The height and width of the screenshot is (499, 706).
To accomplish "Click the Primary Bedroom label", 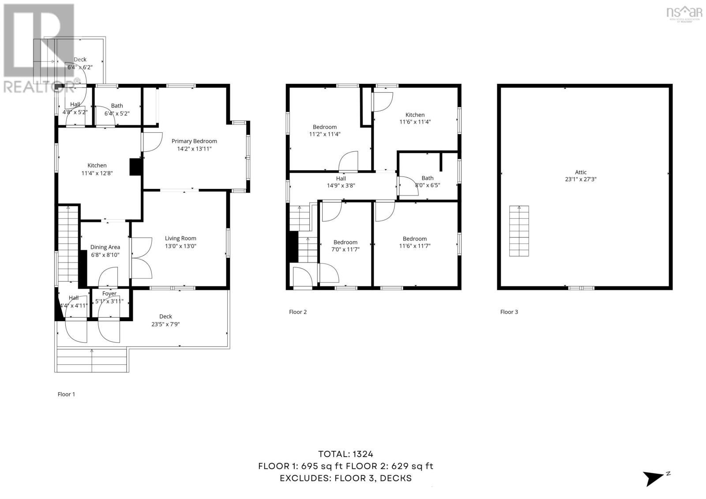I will point(194,141).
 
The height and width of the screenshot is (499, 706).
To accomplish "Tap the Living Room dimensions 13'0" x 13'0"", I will point(180,246).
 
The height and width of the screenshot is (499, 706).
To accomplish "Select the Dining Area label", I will point(105,247).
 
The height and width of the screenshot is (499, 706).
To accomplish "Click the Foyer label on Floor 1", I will point(109,293).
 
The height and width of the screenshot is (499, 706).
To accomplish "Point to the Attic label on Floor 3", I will point(581,173).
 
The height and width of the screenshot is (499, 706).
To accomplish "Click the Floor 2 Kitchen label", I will point(415,115).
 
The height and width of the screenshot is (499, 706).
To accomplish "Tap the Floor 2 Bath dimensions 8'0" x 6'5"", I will point(427,185).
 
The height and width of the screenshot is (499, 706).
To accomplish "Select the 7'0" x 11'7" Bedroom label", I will point(345,242).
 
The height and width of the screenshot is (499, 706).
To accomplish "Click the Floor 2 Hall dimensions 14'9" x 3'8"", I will point(341,186).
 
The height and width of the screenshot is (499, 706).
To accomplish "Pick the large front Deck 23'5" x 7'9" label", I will point(165,316).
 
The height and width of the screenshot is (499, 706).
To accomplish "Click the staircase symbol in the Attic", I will point(519,231).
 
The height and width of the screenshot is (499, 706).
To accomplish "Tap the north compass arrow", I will point(653,478).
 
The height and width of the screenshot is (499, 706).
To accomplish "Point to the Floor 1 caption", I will point(66,394).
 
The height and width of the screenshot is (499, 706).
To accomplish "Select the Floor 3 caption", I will point(509,312).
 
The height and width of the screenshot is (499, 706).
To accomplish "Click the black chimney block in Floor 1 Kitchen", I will point(135,168).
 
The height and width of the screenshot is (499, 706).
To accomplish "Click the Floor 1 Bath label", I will point(117,106).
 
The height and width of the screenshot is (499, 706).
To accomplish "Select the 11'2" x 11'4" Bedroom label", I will point(324,127).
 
